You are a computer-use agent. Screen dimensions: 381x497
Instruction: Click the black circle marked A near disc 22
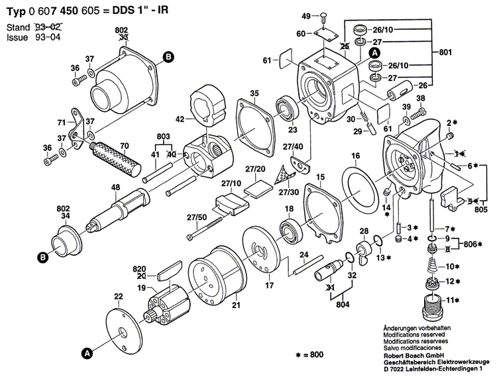[86, 353]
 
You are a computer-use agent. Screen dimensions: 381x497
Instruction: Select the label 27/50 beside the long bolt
[196, 216]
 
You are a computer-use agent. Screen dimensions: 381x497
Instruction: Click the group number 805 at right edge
[482, 211]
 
